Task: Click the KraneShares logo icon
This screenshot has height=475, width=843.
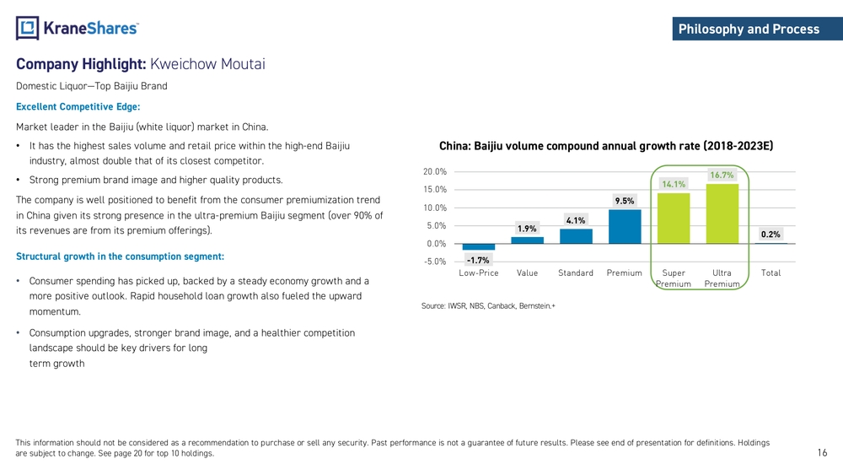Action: pyautogui.click(x=28, y=28)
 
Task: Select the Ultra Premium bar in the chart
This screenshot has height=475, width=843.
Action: pyautogui.click(x=722, y=214)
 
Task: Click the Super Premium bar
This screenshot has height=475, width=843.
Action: pyautogui.click(x=674, y=219)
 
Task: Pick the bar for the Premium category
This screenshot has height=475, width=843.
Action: pyautogui.click(x=625, y=227)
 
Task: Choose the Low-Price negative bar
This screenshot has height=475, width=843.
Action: pyautogui.click(x=479, y=247)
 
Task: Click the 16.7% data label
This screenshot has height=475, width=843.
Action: pyautogui.click(x=722, y=175)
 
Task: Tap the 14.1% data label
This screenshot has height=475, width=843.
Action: pyautogui.click(x=674, y=184)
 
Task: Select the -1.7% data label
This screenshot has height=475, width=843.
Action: pyautogui.click(x=478, y=260)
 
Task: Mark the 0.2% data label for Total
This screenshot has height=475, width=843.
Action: pyautogui.click(x=771, y=235)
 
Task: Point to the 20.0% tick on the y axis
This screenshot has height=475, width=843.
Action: pyautogui.click(x=435, y=171)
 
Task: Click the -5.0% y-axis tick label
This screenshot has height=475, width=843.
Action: pyautogui.click(x=435, y=262)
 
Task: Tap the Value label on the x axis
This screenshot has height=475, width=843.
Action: pyautogui.click(x=528, y=273)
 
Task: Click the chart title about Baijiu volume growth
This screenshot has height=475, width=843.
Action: pyautogui.click(x=606, y=146)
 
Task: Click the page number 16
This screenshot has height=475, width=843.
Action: pyautogui.click(x=823, y=454)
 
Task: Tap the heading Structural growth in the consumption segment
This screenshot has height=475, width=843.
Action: pyautogui.click(x=120, y=256)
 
